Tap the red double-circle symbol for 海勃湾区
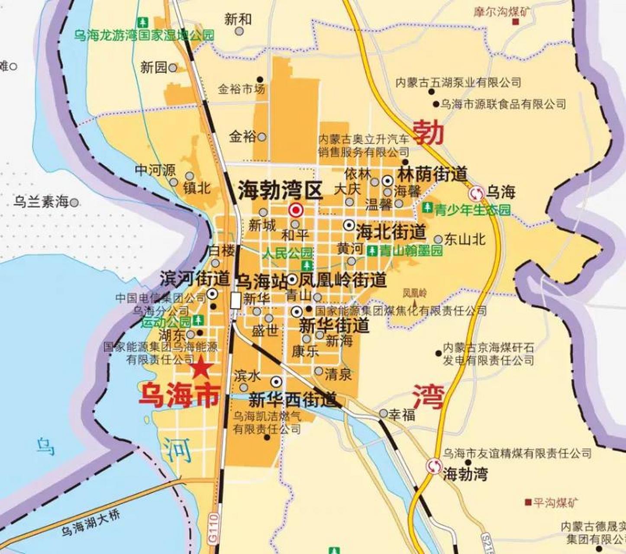[x=296, y=211]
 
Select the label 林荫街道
[x=432, y=174]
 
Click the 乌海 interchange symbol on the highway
[x=477, y=193]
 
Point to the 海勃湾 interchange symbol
[x=433, y=466]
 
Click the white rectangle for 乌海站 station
[x=235, y=300]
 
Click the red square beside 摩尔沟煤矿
[x=515, y=22]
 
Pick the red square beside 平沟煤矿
[x=528, y=502]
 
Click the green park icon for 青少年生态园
[x=428, y=208]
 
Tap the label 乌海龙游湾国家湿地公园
[x=144, y=35]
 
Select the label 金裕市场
[x=241, y=90]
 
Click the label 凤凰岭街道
[x=342, y=280]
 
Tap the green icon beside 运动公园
[x=198, y=320]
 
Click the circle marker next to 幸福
[x=383, y=413]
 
